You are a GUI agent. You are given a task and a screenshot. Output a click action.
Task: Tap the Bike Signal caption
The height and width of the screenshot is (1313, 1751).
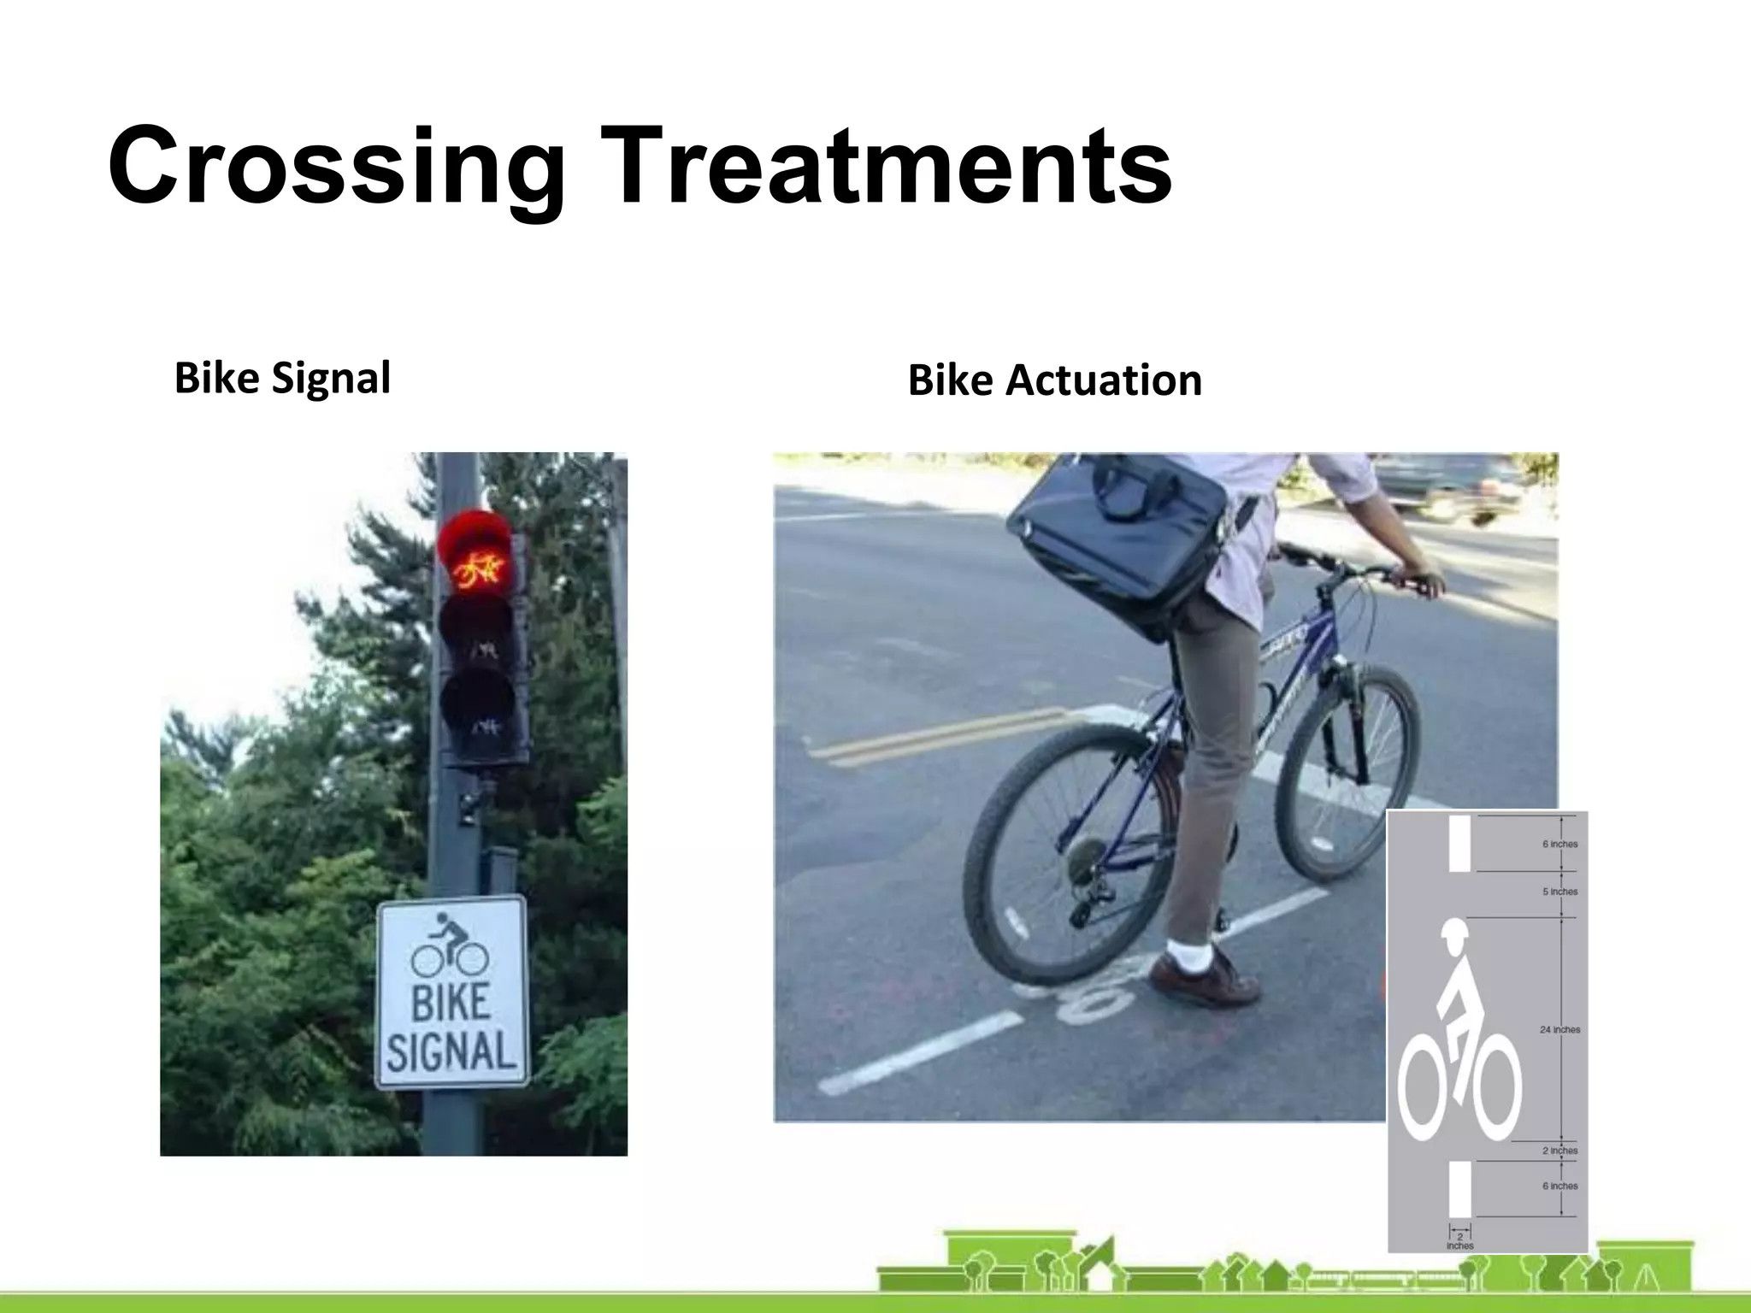tap(282, 378)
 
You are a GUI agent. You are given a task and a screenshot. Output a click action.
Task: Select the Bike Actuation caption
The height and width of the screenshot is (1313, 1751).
tap(1054, 380)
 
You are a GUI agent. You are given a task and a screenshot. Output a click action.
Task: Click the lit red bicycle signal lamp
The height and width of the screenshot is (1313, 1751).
tap(475, 551)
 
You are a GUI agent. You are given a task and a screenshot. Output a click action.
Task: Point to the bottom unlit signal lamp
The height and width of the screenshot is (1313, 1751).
tap(477, 714)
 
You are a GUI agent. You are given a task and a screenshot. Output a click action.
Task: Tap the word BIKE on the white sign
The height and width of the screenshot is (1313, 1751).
tap(451, 1002)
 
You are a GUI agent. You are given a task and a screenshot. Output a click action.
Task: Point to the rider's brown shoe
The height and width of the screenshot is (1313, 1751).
tap(1206, 979)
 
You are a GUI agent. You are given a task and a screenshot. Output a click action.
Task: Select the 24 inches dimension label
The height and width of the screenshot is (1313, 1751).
tap(1559, 1030)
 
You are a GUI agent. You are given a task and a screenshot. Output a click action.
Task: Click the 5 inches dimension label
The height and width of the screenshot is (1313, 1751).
tap(1559, 892)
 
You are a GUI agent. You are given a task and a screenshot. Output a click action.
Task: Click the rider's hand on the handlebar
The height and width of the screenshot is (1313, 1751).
tap(1424, 583)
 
